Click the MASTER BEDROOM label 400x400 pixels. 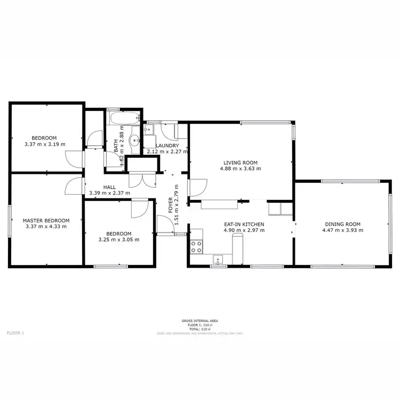[46, 220]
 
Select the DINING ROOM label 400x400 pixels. [342, 224]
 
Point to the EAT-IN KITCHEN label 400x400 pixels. [244, 224]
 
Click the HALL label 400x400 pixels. [109, 187]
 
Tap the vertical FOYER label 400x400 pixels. [171, 205]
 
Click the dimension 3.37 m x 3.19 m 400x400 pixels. [45, 144]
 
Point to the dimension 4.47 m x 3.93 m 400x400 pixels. [342, 230]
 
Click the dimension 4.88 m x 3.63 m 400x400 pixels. [241, 169]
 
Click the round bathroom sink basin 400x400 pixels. [135, 141]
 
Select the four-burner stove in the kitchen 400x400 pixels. [196, 246]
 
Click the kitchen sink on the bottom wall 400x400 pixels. [218, 260]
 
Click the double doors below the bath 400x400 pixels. [141, 179]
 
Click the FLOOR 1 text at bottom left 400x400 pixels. [15, 332]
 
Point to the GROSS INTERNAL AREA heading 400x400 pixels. [199, 321]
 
